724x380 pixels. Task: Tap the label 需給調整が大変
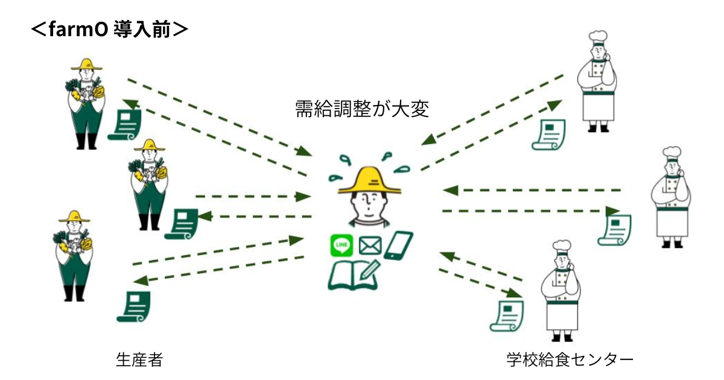(x=361, y=109)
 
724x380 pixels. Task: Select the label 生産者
(x=139, y=360)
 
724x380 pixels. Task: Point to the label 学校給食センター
(x=570, y=360)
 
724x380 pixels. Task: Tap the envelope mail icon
(x=370, y=245)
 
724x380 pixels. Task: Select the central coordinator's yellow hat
(x=370, y=181)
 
